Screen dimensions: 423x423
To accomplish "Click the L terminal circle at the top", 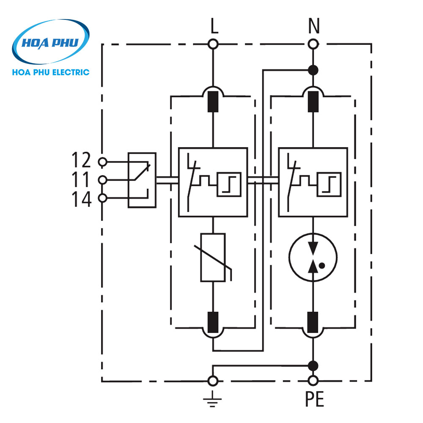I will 214,44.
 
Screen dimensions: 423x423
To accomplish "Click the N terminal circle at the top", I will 313,44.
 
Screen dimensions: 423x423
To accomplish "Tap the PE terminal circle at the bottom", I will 313,381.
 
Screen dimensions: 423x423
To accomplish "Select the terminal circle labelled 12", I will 102,162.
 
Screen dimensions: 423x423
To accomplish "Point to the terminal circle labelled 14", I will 102,198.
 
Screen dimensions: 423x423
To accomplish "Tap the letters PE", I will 313,400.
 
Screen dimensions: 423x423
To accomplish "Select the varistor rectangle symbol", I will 213,257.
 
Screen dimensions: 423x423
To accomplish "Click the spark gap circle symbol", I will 313,258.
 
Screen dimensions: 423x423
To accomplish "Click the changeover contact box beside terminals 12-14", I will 142,180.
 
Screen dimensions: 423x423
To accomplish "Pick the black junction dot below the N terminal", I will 313,70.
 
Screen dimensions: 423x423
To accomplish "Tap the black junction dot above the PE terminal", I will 313,365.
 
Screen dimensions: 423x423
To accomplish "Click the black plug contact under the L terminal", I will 214,101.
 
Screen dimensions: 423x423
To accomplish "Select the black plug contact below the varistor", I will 214,322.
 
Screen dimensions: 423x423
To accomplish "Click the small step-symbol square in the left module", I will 229,184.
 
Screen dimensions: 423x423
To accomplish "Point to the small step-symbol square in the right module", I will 329,184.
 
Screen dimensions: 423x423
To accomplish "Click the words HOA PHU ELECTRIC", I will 51,72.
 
